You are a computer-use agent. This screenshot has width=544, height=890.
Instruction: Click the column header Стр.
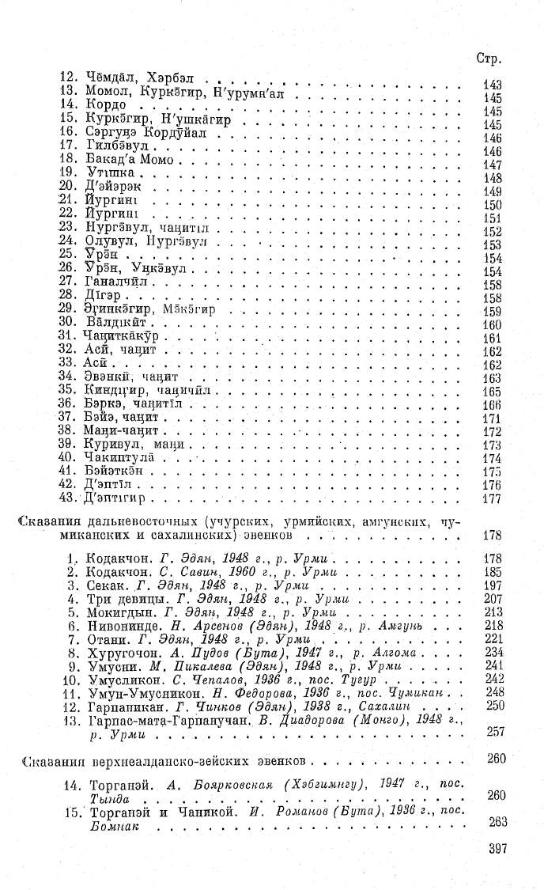point(491,59)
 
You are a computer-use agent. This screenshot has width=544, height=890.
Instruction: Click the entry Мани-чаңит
point(122,431)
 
